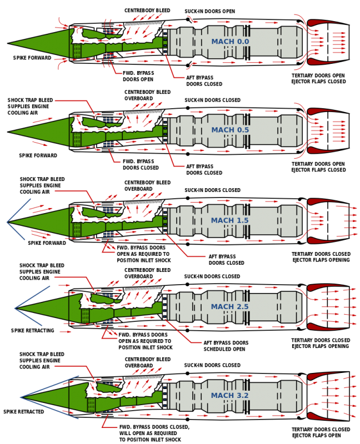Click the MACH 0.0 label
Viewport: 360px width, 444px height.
coord(230,42)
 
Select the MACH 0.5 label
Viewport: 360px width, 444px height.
coord(230,130)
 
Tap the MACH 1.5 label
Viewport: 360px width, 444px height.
coord(229,220)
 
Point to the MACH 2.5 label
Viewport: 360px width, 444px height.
coord(229,307)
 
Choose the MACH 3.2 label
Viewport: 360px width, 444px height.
coord(229,396)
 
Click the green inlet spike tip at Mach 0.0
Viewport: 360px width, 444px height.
coord(11,43)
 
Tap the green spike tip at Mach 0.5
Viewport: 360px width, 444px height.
coord(11,132)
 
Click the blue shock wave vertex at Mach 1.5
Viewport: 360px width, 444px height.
coord(7,222)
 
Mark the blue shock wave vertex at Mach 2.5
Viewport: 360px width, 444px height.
coord(15,308)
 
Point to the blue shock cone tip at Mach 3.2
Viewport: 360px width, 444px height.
coord(21,397)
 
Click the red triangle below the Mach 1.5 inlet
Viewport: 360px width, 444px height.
coord(108,249)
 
